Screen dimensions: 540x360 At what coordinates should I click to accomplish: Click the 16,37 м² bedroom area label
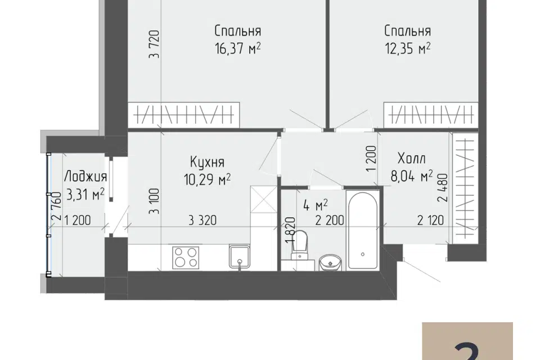coord(237,49)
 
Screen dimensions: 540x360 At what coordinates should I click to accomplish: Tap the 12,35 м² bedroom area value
coord(407,49)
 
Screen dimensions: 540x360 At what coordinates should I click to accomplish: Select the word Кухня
coord(208,162)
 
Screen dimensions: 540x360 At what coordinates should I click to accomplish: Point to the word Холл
coord(412,159)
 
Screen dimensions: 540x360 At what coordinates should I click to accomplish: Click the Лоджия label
coord(85,177)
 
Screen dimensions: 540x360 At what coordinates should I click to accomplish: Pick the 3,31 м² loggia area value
coord(85,195)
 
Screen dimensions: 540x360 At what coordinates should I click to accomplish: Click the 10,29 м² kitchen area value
coord(208,179)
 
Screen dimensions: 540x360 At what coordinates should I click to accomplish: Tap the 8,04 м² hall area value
coord(412,177)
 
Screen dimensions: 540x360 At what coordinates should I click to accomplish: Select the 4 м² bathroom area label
coord(316,206)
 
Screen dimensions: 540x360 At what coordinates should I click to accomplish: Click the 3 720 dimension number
coord(155,44)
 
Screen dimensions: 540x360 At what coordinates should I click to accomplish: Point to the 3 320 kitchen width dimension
coord(203,220)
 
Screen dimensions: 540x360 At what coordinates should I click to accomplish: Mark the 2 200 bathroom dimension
coord(330,220)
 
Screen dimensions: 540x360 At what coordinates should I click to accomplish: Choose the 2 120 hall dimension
coord(430,220)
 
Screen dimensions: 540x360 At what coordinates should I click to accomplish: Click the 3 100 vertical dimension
coord(155,201)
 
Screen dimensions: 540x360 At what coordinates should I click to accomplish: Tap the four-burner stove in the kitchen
coord(186,258)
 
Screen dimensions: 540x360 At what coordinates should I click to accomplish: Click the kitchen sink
coord(240,256)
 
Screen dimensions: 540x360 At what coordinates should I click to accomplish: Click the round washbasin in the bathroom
coord(330,263)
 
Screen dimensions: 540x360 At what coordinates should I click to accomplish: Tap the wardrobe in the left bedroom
coord(184,115)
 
